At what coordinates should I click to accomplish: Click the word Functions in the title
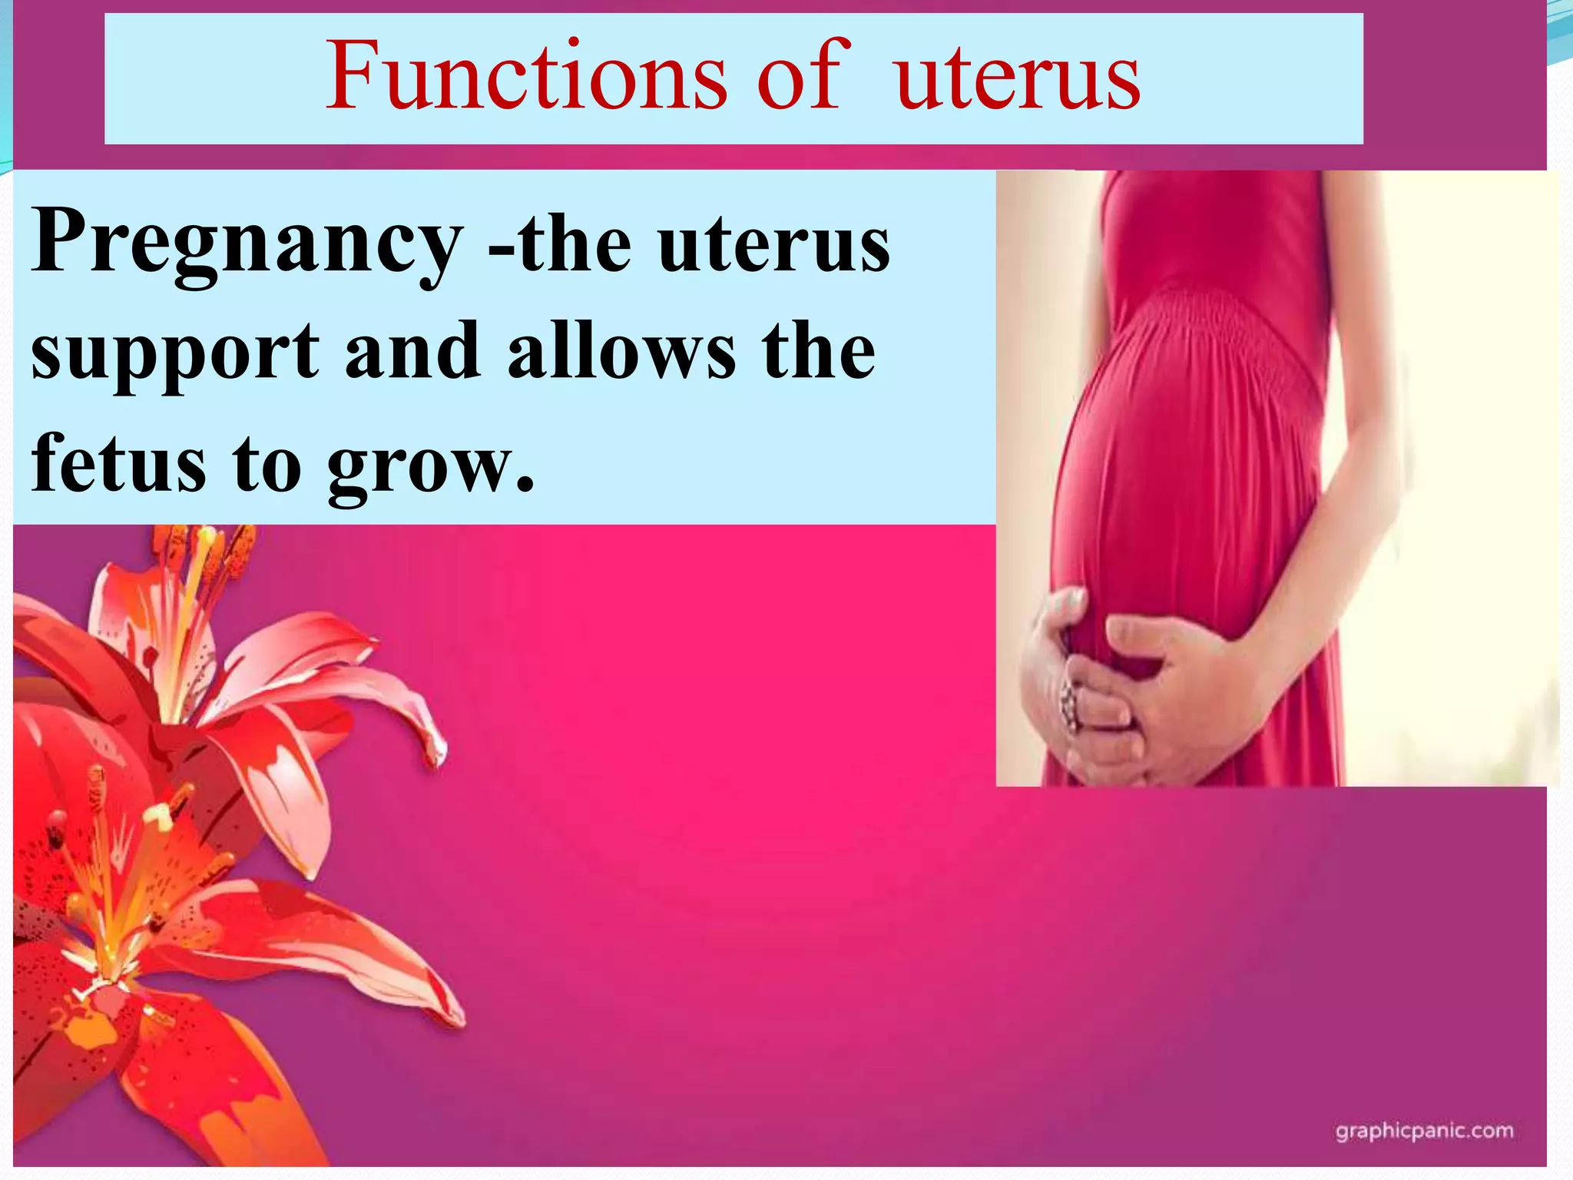tap(526, 77)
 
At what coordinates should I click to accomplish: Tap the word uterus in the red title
tap(1018, 77)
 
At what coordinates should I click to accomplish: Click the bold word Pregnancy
tap(246, 242)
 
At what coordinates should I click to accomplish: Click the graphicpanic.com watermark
tap(1424, 1131)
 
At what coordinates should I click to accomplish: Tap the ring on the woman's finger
tap(1069, 703)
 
